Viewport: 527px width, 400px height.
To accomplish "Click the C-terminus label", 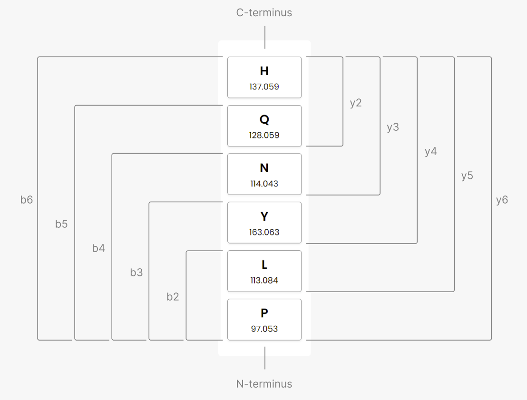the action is pos(264,13).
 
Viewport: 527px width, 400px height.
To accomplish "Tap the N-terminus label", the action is pos(264,384).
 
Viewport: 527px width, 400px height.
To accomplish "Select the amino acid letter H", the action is pos(264,71).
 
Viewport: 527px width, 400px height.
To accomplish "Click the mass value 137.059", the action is pos(264,87).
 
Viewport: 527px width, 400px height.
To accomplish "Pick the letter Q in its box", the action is pos(264,120).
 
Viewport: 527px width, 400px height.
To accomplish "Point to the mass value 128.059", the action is pos(264,135).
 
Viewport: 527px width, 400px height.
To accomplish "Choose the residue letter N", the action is pos(264,168).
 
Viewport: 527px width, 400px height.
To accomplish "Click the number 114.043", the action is pos(264,184).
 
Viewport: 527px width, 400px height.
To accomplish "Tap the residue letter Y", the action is pos(264,216).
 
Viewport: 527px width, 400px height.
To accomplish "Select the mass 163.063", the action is pos(264,232).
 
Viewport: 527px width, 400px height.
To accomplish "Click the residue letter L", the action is pos(264,265).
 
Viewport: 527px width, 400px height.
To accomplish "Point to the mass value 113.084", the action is pos(264,280).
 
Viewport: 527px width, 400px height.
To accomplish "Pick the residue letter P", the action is pos(264,313).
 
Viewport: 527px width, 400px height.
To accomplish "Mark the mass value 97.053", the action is pos(264,329).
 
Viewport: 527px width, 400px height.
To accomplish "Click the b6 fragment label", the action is pos(27,200).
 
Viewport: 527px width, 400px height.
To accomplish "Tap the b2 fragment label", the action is pos(173,297).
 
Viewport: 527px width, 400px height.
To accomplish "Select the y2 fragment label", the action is pos(356,103).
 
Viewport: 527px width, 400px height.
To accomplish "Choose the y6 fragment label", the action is pos(502,200).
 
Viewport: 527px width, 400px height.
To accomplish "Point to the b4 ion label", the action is pos(98,248).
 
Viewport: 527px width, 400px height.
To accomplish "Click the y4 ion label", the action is pos(430,152).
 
